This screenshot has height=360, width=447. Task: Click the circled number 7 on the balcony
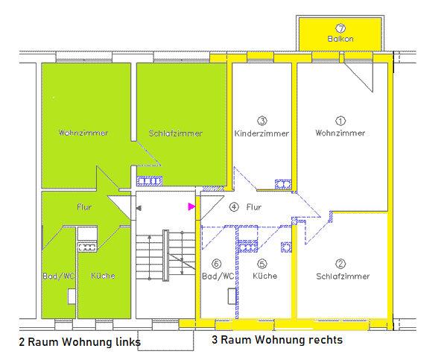click(x=340, y=28)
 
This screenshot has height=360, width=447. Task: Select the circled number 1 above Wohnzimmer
click(x=341, y=120)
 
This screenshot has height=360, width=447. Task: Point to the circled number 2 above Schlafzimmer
click(x=340, y=263)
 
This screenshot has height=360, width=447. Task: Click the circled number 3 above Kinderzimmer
click(x=262, y=120)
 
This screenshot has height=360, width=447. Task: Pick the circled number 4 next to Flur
click(x=234, y=207)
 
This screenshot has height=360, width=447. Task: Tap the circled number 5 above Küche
click(x=261, y=263)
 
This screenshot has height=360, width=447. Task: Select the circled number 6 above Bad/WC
click(x=217, y=263)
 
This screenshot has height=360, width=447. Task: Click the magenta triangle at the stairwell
click(x=191, y=206)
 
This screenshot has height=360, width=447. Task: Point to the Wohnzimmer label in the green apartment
click(x=83, y=133)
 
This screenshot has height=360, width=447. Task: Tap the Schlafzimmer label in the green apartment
click(x=176, y=133)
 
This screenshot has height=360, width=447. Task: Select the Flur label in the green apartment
click(x=84, y=206)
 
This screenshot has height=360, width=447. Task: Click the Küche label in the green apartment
click(x=103, y=276)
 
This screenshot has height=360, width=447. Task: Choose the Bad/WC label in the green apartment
click(x=57, y=276)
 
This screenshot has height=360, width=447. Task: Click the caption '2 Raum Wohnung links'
click(x=80, y=342)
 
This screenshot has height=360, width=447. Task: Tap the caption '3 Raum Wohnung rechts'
click(x=277, y=340)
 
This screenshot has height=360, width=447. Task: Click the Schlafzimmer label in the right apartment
click(x=343, y=276)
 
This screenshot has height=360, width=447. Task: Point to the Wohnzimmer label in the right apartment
click(x=340, y=133)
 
